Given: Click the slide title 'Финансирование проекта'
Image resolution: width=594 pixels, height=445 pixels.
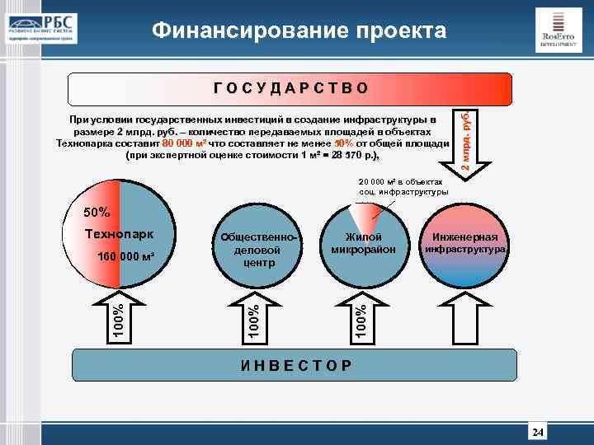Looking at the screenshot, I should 299,31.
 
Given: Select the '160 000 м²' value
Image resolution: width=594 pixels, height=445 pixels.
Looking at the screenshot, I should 126,256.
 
